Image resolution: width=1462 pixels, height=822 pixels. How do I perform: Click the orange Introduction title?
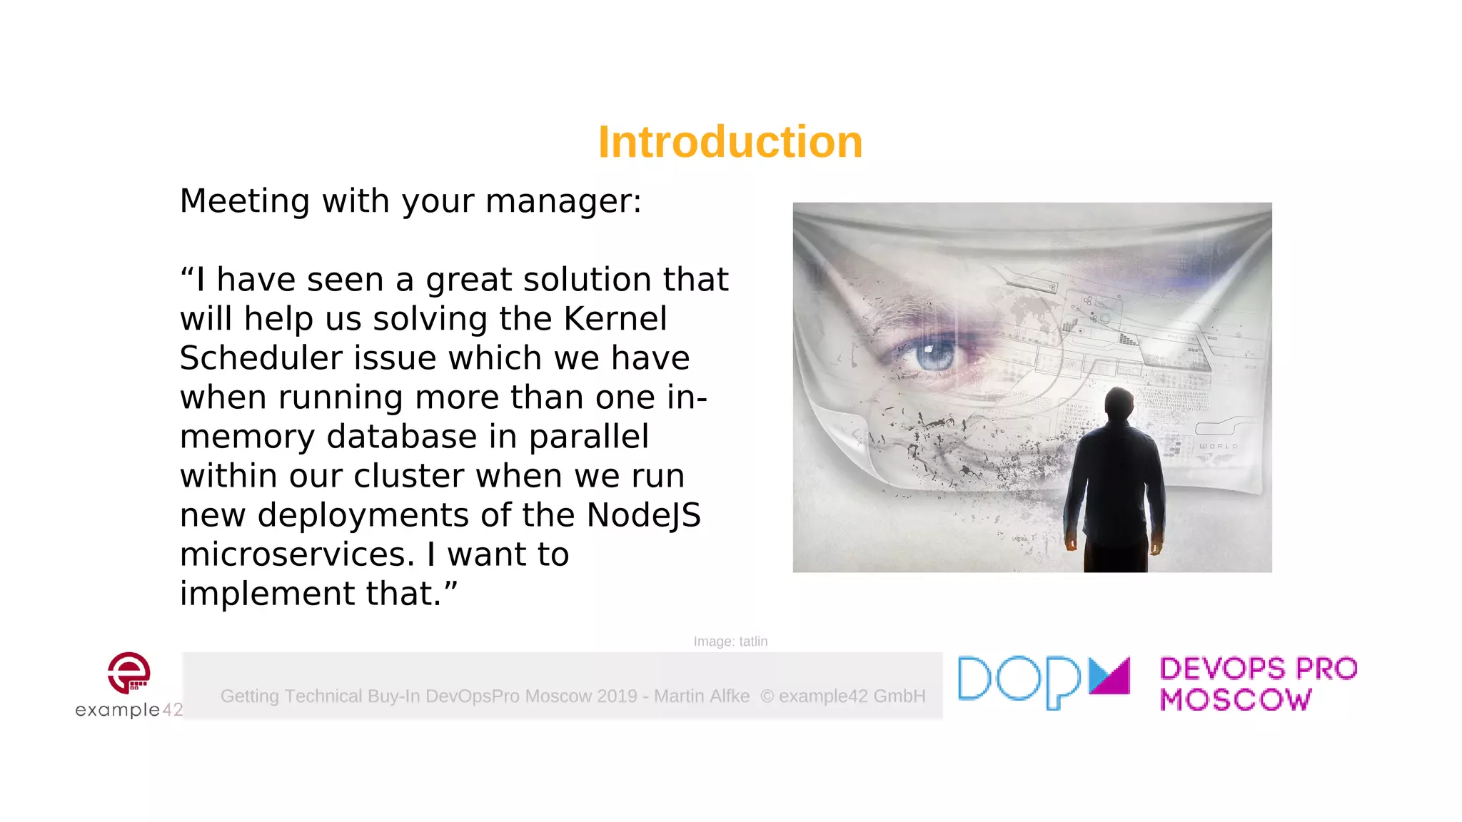[730, 142]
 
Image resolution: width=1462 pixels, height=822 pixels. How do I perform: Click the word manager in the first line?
[563, 201]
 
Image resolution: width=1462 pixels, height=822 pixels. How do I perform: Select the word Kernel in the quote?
[615, 319]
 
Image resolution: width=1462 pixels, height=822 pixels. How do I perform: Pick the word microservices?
[297, 554]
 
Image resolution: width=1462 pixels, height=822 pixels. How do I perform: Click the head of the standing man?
[1118, 405]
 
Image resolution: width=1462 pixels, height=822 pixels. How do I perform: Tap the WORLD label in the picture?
[1218, 446]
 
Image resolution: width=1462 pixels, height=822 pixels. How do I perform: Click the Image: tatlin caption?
[730, 641]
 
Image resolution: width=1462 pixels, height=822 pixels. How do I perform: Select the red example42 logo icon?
[129, 672]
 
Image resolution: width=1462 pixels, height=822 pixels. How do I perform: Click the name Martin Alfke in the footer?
[702, 696]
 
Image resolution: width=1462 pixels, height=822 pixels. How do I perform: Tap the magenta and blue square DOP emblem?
[1109, 675]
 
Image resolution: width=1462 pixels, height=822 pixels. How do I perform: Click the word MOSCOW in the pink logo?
[1236, 700]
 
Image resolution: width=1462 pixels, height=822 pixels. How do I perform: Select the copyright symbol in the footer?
[767, 696]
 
